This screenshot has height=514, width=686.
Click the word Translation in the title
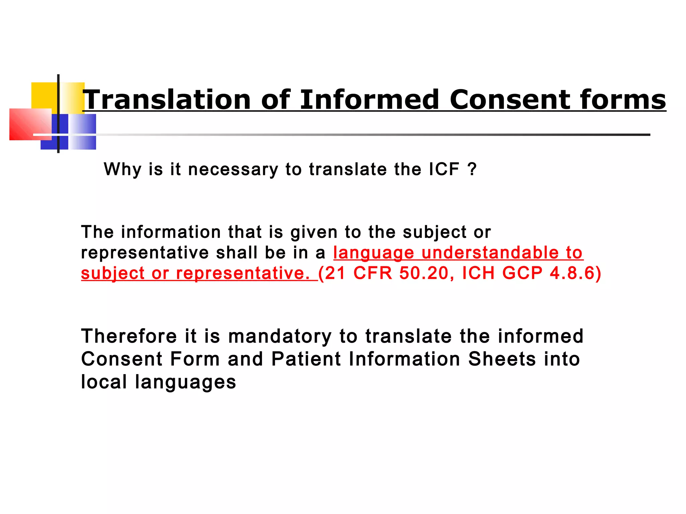pyautogui.click(x=167, y=100)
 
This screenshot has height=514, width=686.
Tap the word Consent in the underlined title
pyautogui.click(x=509, y=100)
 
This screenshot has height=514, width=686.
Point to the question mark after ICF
pyautogui.click(x=472, y=169)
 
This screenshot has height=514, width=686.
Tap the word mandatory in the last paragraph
pyautogui.click(x=280, y=336)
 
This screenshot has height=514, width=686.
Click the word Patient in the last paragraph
pyautogui.click(x=306, y=359)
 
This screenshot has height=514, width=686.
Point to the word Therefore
pyautogui.click(x=129, y=336)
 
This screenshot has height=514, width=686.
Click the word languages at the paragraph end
pyautogui.click(x=186, y=382)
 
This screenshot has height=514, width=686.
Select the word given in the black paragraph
pyautogui.click(x=314, y=232)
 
